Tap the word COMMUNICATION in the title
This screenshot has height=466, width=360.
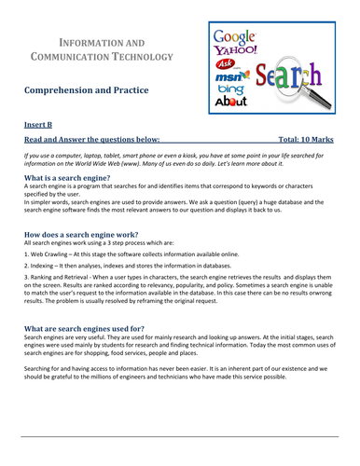point(77,59)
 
